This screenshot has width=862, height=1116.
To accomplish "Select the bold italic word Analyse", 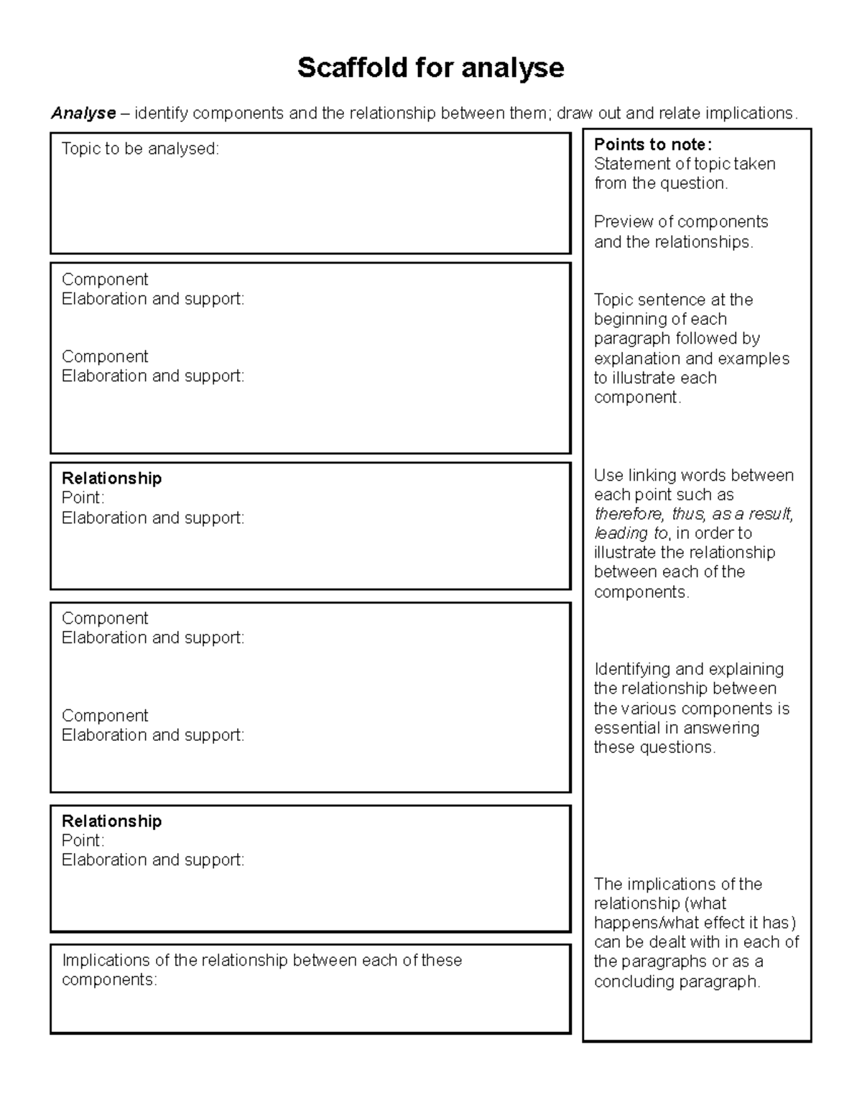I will [83, 113].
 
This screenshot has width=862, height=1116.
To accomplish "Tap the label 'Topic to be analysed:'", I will [140, 149].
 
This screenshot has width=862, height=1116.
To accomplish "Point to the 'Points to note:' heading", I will [652, 144].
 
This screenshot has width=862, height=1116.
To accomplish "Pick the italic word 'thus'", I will [687, 514].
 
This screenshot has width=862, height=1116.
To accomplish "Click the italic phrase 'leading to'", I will [631, 533].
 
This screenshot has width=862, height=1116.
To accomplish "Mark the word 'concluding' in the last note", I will [630, 982].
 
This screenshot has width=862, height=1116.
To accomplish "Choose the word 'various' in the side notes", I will [652, 709].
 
